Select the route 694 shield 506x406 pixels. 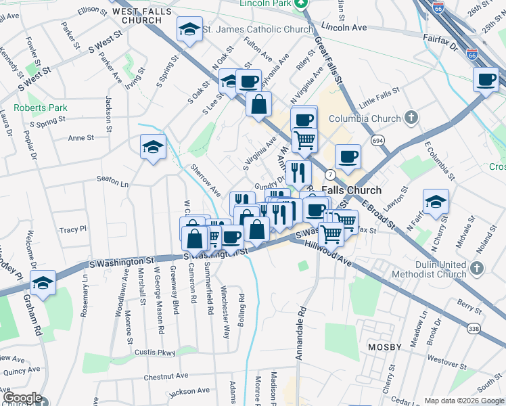(x=377, y=139)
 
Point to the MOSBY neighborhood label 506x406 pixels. (x=384, y=347)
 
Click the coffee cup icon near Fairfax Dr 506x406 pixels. (x=486, y=78)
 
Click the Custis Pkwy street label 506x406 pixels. (x=156, y=353)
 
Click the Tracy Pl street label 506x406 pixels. (x=73, y=230)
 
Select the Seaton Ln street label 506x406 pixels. (x=112, y=183)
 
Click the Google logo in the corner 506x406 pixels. (x=22, y=398)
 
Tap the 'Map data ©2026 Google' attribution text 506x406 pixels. (x=463, y=401)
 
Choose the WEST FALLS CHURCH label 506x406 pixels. (x=147, y=17)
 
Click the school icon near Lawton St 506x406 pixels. (x=436, y=201)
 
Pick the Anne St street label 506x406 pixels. (x=80, y=137)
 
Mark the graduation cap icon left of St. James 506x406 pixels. (x=189, y=28)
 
